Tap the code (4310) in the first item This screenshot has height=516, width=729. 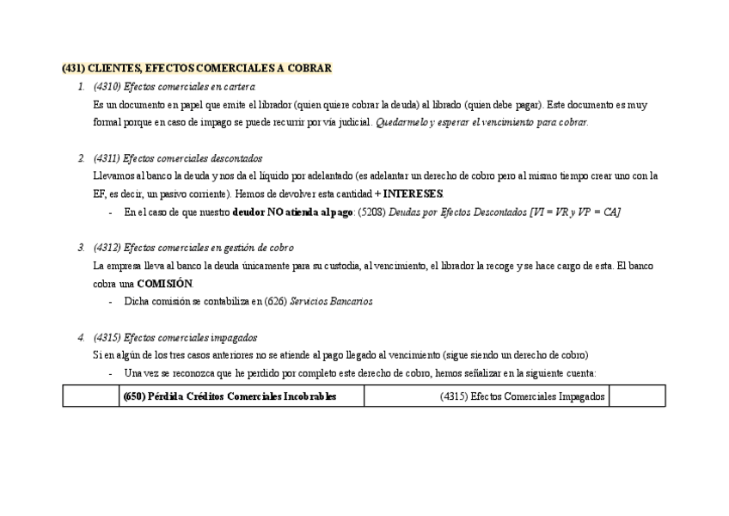pos(107,87)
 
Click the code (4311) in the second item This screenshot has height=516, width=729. pos(107,158)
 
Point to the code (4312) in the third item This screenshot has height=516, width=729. pos(107,248)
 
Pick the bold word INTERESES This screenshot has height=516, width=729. pos(413,193)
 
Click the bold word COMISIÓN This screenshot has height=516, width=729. pos(165,284)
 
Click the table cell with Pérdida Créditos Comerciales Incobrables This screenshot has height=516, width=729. pos(242,396)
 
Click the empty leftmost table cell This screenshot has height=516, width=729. pos(90,396)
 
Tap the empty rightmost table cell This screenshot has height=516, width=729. pos(637,396)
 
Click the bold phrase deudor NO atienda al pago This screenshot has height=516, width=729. pos(292,212)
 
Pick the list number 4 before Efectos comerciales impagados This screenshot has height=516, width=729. pos(81,338)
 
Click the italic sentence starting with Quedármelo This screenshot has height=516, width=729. pos(481,122)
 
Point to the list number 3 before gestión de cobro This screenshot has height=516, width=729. pos(81,248)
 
